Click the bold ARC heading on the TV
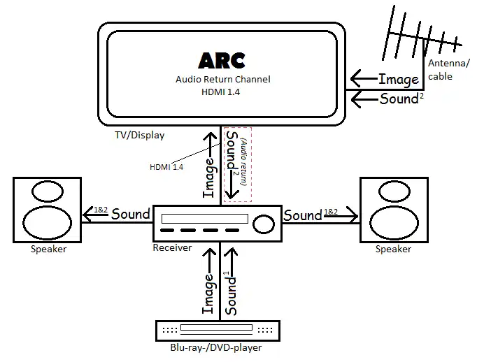click(222, 60)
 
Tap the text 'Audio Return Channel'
click(222, 80)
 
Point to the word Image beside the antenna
click(399, 79)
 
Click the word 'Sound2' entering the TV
click(401, 99)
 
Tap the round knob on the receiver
click(264, 224)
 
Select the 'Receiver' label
click(172, 248)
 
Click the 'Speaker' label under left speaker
click(49, 249)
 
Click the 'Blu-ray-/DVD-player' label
click(217, 347)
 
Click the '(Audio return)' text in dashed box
click(244, 166)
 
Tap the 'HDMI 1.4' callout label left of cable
click(166, 167)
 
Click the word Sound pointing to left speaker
click(131, 214)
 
